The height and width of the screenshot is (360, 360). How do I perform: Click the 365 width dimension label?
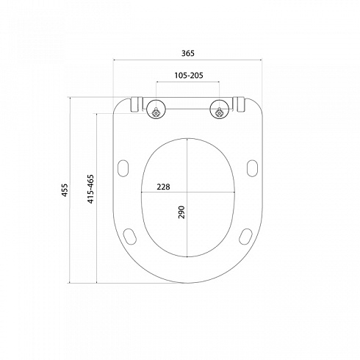pos(188,53)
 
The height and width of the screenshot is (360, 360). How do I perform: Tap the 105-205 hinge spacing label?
pos(189,75)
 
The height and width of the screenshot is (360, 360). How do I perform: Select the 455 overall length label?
pos(65,190)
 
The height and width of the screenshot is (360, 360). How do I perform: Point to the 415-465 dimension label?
pos(90,189)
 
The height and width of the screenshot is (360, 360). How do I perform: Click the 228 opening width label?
pos(163,187)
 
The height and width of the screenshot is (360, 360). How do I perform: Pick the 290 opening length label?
pos(181,212)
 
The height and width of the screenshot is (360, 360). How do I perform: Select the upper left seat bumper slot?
pos(123,168)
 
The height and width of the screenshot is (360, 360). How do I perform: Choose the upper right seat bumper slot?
pos(252,168)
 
